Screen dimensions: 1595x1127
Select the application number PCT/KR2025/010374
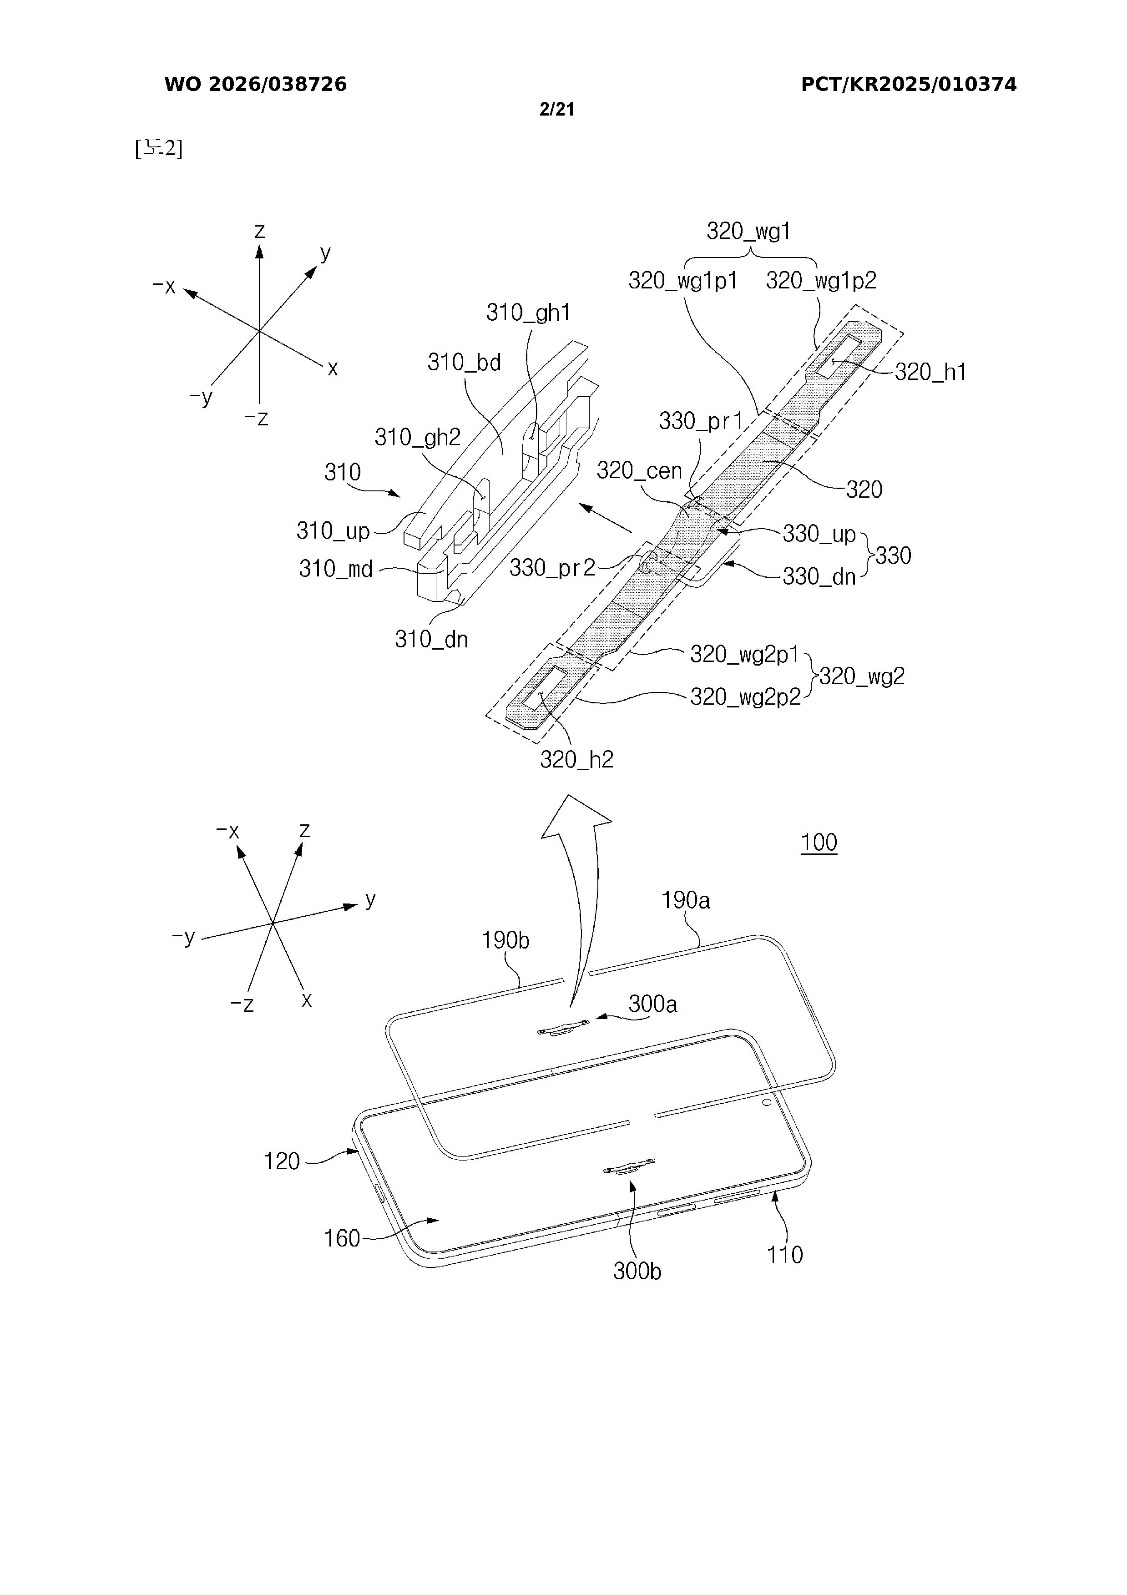[x=908, y=85]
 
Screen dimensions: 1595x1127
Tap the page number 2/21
[x=556, y=109]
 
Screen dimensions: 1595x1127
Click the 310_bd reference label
[x=464, y=362]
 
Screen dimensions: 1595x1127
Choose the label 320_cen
[x=639, y=471]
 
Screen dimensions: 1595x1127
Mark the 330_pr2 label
[x=552, y=568]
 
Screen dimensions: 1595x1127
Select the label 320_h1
[x=930, y=372]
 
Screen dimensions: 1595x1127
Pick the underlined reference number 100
[x=819, y=843]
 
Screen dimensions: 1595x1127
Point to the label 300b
[x=637, y=1271]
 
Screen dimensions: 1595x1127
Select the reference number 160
[x=342, y=1239]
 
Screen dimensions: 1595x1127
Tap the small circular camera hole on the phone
[x=766, y=1102]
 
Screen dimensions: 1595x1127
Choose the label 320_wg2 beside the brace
[x=862, y=676]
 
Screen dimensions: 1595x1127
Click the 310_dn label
[x=431, y=639]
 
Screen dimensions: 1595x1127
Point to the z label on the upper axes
[x=260, y=231]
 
